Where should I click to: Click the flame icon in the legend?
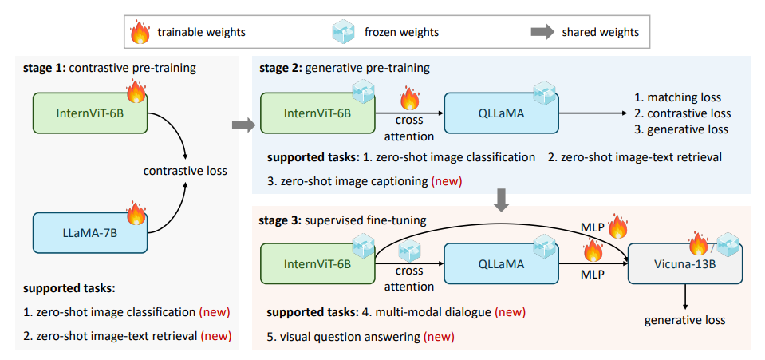click(140, 33)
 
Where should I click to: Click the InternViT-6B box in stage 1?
click(89, 113)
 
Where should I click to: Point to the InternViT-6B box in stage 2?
click(317, 113)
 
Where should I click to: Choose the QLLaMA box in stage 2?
click(499, 113)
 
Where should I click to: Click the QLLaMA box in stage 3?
click(499, 265)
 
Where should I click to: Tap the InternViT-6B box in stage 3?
click(317, 265)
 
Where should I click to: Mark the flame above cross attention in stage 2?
click(409, 100)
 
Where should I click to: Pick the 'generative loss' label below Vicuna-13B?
click(685, 320)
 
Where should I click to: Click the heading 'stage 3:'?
click(282, 219)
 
